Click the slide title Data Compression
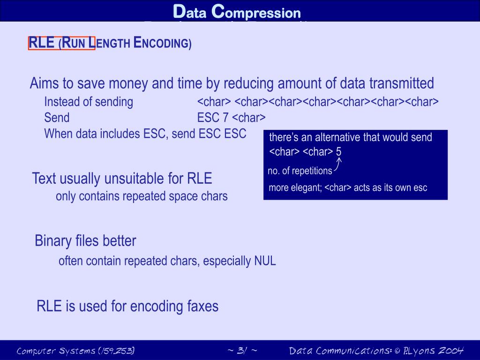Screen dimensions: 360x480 (x=237, y=11)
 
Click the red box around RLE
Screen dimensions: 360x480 (x=61, y=43)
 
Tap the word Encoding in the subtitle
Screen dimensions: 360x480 (x=162, y=43)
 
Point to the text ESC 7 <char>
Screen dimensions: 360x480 (x=231, y=117)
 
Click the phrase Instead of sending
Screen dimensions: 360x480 (x=89, y=102)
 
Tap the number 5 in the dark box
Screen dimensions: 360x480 (x=338, y=152)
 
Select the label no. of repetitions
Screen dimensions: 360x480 (x=300, y=171)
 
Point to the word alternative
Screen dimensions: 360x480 (x=338, y=137)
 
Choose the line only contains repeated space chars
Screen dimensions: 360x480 (x=142, y=196)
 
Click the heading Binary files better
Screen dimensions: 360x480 (x=85, y=241)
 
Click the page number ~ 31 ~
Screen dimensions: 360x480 (x=242, y=351)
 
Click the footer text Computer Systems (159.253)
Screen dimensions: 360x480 (x=75, y=351)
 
